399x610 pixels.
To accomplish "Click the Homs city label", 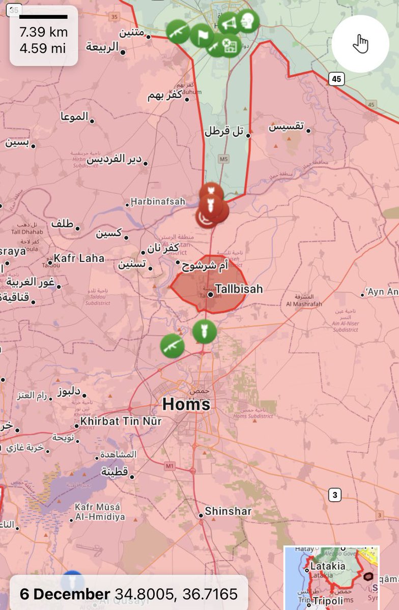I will pyautogui.click(x=186, y=405).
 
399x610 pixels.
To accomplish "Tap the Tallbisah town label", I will pyautogui.click(x=239, y=289).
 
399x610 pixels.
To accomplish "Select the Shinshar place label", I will pyautogui.click(x=227, y=511).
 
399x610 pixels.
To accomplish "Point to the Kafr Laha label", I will pyautogui.click(x=79, y=258).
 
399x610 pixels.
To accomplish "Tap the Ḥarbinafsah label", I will pyautogui.click(x=158, y=201).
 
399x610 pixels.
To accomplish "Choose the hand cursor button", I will pyautogui.click(x=360, y=44).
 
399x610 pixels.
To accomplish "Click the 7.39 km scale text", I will pyautogui.click(x=43, y=33).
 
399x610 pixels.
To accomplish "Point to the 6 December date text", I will pyautogui.click(x=65, y=594).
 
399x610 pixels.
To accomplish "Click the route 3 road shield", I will pyautogui.click(x=334, y=494).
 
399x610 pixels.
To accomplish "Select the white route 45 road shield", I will pyautogui.click(x=335, y=78).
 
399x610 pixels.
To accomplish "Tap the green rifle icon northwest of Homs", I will pyautogui.click(x=172, y=346).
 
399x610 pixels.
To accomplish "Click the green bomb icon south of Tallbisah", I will pyautogui.click(x=205, y=332).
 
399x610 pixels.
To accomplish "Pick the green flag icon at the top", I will pyautogui.click(x=202, y=35).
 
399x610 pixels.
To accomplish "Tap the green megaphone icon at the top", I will pyautogui.click(x=228, y=23).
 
